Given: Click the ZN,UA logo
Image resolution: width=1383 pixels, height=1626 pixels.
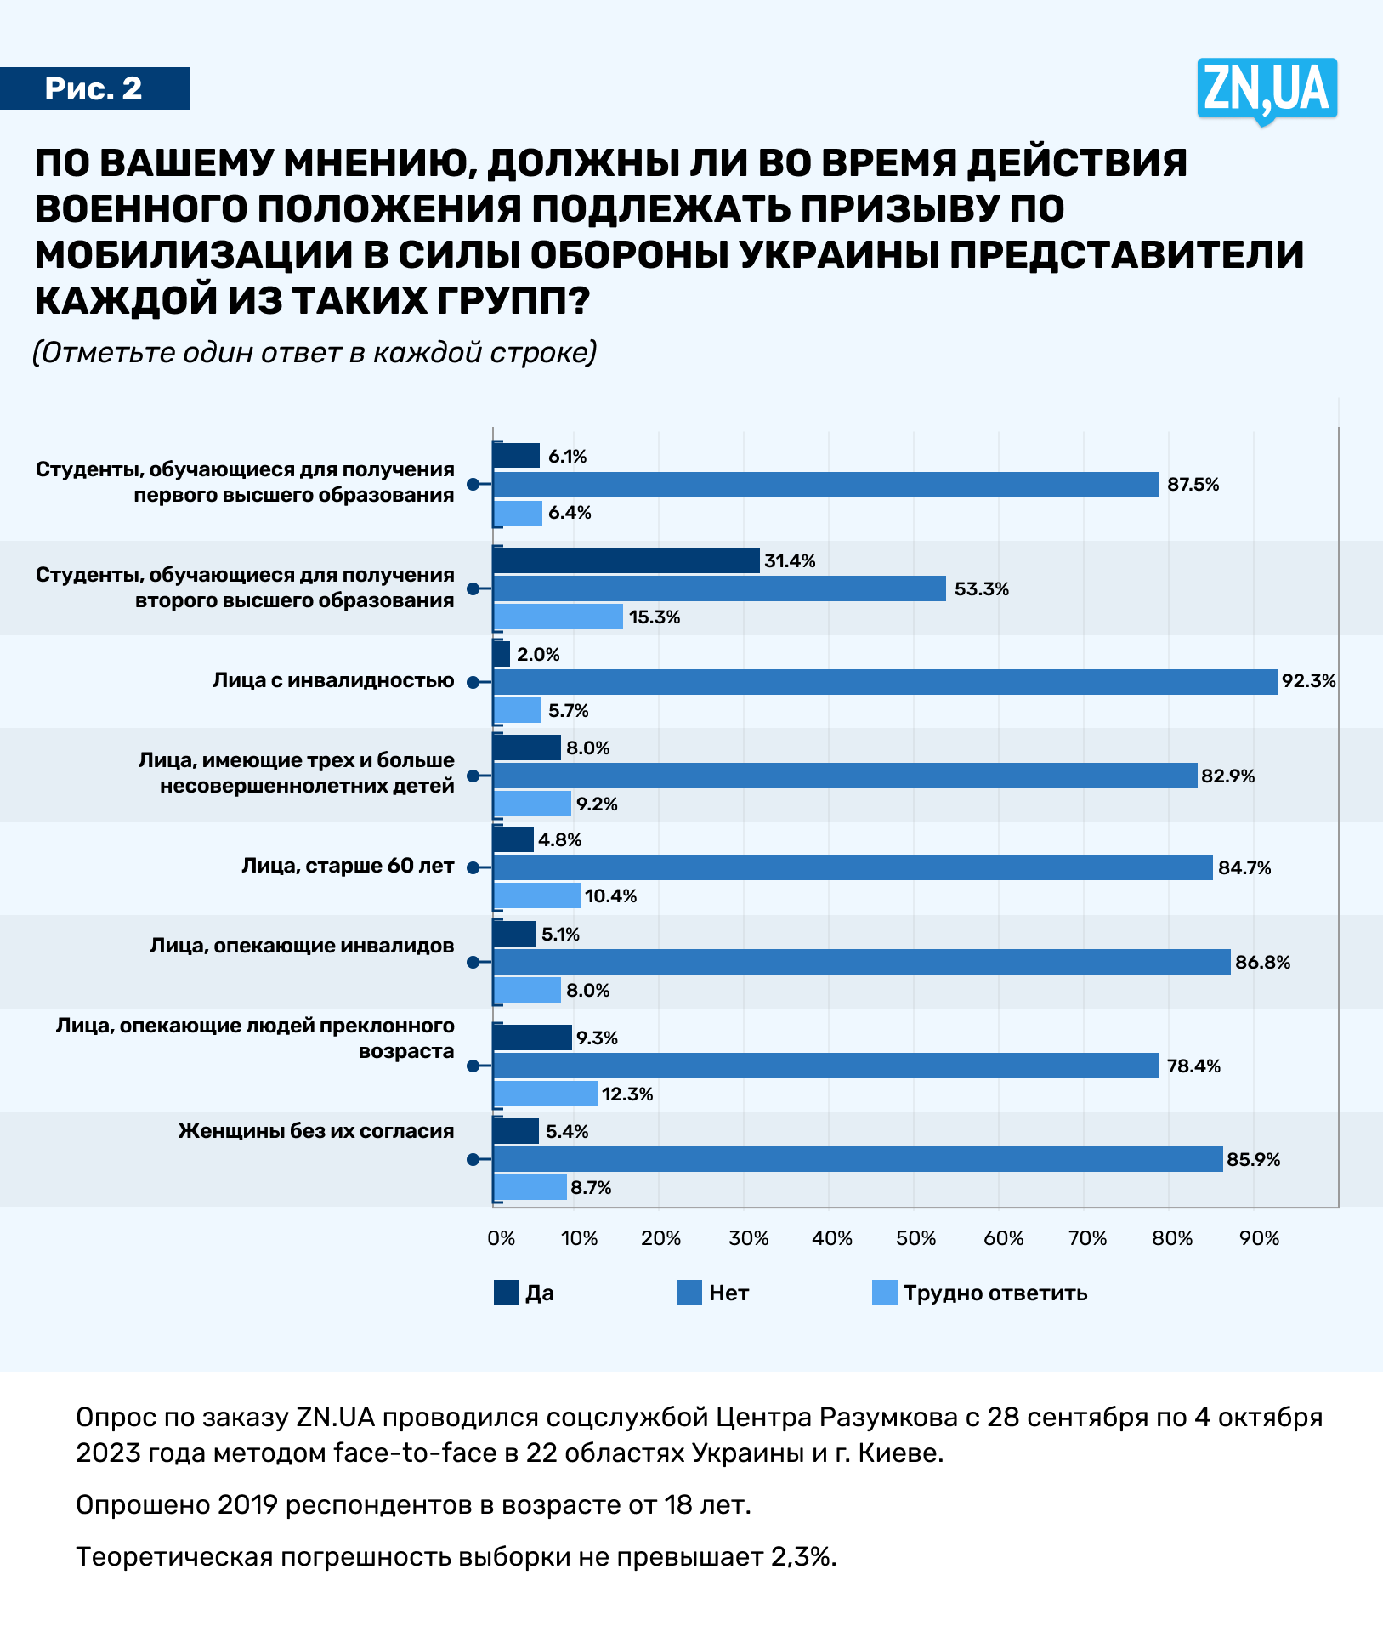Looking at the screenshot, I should click(x=1267, y=89).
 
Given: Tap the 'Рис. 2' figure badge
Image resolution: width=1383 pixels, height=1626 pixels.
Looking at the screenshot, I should click(x=94, y=88).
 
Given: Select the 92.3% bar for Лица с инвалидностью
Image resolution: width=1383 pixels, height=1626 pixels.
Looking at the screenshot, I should click(x=884, y=682).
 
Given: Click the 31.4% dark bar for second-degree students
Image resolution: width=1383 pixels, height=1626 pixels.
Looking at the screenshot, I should click(x=626, y=560).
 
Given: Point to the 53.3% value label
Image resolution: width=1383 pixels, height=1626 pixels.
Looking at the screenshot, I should click(x=981, y=589).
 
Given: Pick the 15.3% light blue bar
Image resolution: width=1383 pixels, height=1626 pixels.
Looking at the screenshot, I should click(x=558, y=617).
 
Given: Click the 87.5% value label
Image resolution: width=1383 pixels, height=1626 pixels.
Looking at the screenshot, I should click(x=1193, y=485).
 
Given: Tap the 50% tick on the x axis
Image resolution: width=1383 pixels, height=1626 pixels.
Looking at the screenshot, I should click(x=915, y=1238).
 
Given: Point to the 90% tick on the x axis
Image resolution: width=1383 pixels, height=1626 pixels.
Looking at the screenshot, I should click(x=1259, y=1238).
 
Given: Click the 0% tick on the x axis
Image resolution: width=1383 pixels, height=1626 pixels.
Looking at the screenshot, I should click(x=501, y=1238).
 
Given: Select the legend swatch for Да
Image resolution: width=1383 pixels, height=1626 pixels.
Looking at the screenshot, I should click(x=506, y=1293).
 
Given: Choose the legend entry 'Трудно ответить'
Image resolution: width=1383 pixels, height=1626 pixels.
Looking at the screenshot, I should click(x=995, y=1293).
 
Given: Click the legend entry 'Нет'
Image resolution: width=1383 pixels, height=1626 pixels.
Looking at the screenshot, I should click(x=728, y=1293).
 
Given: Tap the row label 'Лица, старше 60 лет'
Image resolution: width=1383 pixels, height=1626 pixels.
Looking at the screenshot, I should click(x=348, y=866).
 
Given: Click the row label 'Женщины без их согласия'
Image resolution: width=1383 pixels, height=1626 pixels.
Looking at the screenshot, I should click(x=316, y=1131).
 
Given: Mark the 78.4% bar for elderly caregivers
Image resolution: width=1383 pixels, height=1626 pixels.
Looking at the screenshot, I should click(x=825, y=1066).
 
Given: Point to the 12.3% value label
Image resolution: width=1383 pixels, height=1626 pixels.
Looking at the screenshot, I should click(x=627, y=1094).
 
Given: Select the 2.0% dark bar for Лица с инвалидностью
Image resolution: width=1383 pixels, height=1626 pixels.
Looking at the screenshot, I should click(x=502, y=654).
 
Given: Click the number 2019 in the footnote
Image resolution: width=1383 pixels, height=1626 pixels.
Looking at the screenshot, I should click(x=247, y=1504).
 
